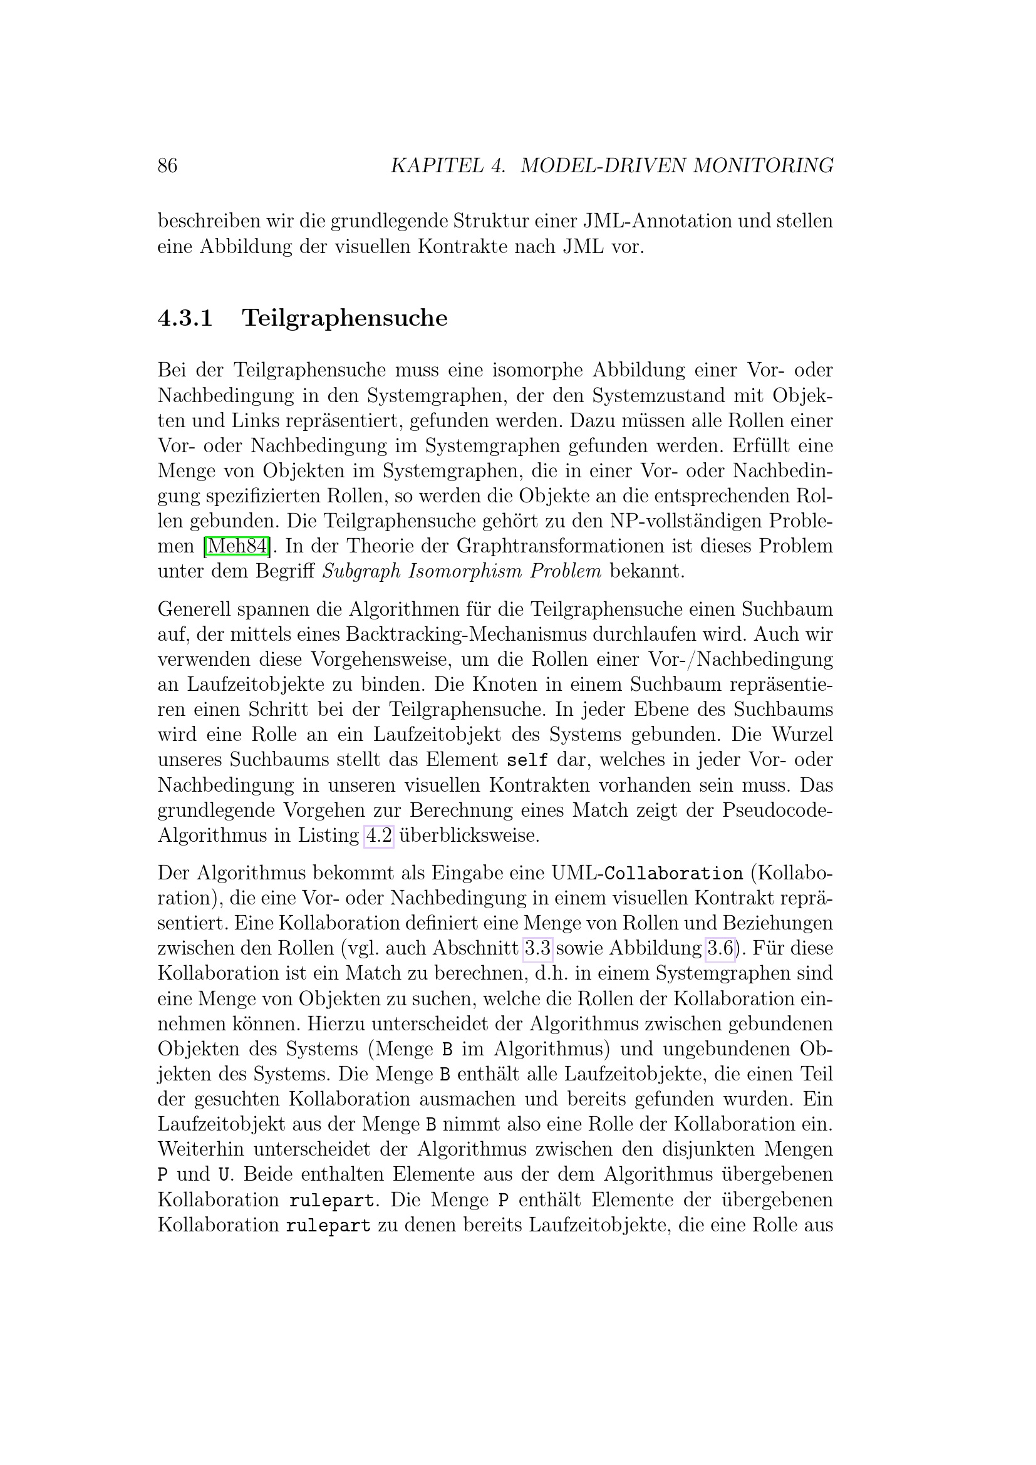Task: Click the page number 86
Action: [167, 166]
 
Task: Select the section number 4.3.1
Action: [185, 318]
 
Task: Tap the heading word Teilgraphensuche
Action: [344, 318]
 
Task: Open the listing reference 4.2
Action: [378, 836]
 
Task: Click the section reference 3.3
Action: [537, 948]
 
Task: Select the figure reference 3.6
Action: [720, 948]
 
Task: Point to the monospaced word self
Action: [527, 760]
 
